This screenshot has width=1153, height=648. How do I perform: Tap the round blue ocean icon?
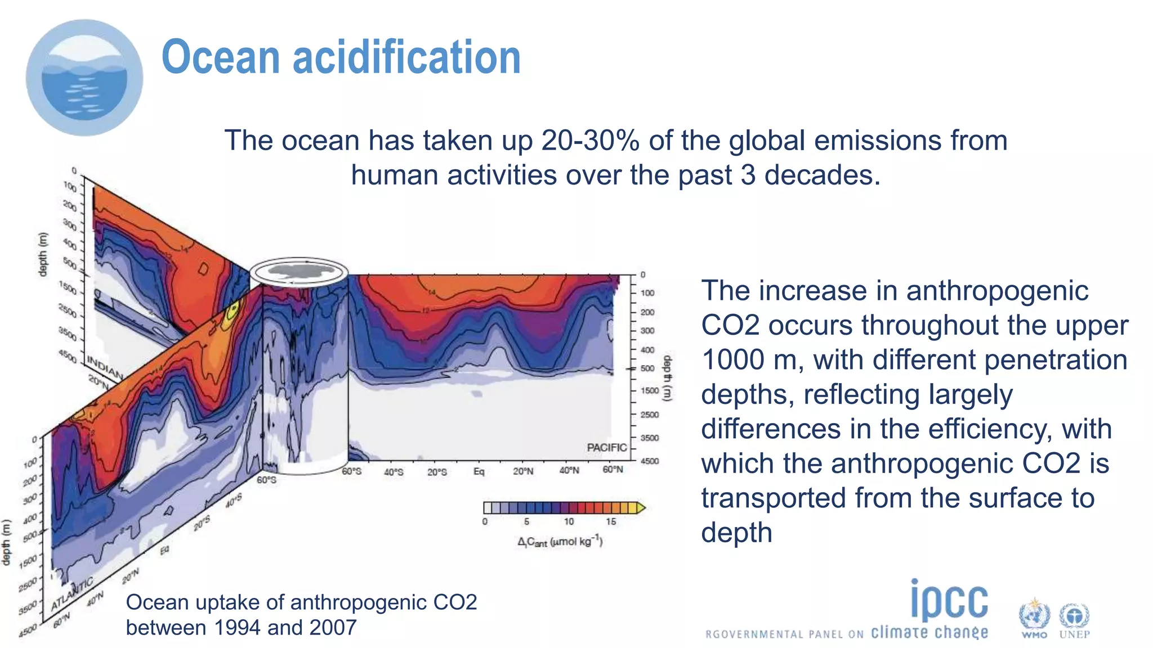pos(84,78)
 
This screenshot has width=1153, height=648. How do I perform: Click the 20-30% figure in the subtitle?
pos(589,141)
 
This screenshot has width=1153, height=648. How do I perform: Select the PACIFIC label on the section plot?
pos(606,448)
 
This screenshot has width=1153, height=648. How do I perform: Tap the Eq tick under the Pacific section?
pos(479,471)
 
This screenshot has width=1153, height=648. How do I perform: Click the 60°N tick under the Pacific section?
pos(613,470)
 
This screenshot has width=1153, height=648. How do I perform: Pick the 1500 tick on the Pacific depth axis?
pos(650,390)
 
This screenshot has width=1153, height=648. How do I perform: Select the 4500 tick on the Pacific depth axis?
pos(650,461)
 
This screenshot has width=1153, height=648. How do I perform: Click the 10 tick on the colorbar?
pos(569,522)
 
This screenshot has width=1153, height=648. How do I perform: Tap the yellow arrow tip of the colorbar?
pos(641,508)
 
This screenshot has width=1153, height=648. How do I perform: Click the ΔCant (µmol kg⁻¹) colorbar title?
pos(560,542)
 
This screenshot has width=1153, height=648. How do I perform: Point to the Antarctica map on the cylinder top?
pos(298,271)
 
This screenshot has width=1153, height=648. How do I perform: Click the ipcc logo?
pos(949,601)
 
